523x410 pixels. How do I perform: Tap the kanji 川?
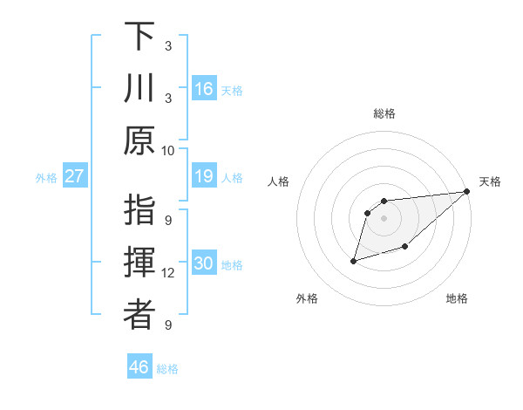[139, 88]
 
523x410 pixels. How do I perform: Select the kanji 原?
[139, 140]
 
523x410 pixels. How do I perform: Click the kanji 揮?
[139, 263]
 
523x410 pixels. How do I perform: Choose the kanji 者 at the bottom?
[139, 315]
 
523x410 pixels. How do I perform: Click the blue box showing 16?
[204, 88]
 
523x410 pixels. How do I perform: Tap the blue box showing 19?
[204, 176]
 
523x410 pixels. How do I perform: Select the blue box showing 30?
[204, 263]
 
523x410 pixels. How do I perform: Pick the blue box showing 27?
[75, 176]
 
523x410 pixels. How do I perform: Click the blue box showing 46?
[139, 366]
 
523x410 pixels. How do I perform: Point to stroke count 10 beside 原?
[168, 150]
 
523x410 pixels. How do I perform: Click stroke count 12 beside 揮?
[168, 273]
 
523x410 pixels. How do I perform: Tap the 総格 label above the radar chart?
[384, 113]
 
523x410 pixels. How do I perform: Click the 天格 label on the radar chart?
[490, 181]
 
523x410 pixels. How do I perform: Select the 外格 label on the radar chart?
[307, 298]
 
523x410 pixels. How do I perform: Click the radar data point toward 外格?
[354, 260]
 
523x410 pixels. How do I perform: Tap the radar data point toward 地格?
[404, 248]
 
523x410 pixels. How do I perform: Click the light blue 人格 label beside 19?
[231, 177]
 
